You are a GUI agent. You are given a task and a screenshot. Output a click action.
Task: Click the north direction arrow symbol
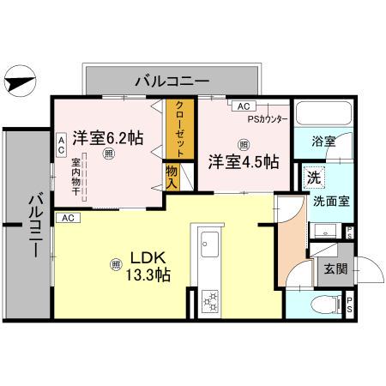click(x=20, y=83)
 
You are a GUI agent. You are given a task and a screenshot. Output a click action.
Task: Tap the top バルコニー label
click(x=172, y=82)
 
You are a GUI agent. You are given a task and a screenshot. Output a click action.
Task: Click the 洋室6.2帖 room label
click(x=107, y=137)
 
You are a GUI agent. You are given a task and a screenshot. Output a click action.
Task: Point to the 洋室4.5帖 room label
click(x=244, y=160)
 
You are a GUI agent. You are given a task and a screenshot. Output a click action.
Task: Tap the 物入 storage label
click(x=172, y=177)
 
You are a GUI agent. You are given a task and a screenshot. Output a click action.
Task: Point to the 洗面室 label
click(x=329, y=203)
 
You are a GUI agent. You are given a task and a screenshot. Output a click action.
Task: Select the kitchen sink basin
click(x=208, y=246)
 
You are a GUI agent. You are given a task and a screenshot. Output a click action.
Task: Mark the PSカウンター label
click(x=269, y=118)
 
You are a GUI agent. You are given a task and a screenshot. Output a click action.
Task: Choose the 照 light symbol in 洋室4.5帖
click(x=244, y=144)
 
